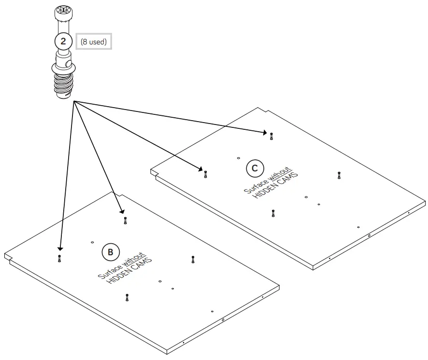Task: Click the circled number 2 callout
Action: tap(63, 41)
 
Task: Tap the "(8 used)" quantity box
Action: tap(94, 42)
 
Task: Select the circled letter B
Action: tap(110, 252)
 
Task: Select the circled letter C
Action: tap(255, 168)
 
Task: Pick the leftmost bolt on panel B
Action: tap(59, 258)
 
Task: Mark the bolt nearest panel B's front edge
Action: tap(127, 297)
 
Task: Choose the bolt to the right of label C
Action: tap(340, 175)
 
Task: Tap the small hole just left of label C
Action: tap(239, 158)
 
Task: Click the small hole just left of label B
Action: tap(92, 241)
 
